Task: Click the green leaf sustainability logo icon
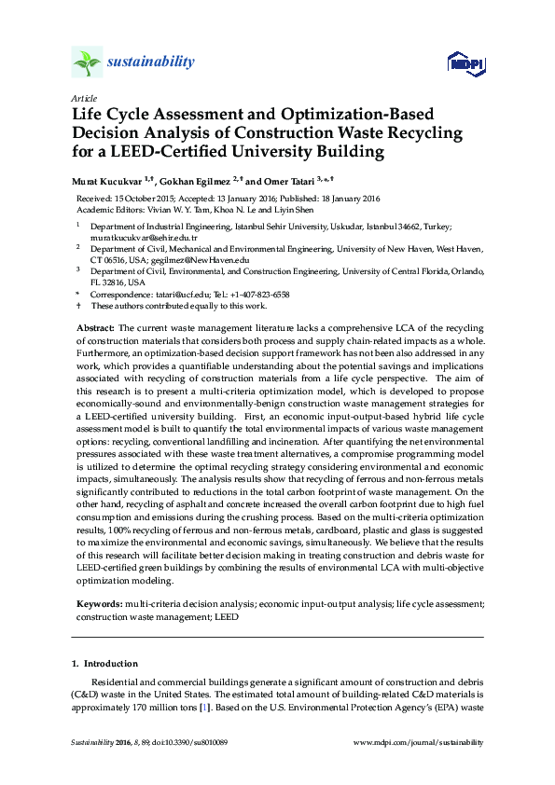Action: pos(86,62)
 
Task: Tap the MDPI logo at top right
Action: pos(464,62)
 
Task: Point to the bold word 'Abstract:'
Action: pos(94,328)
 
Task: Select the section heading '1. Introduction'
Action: pos(104,664)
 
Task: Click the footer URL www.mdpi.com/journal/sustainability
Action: pos(419,743)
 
